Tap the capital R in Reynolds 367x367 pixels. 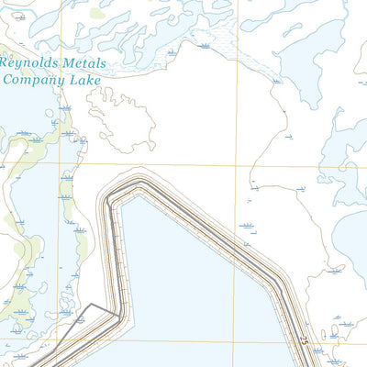[x=6, y=63]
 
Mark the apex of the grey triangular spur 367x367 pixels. [x=91, y=305]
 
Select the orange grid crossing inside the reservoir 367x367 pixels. [x=233, y=343]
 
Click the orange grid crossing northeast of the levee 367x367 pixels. [x=250, y=166]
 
